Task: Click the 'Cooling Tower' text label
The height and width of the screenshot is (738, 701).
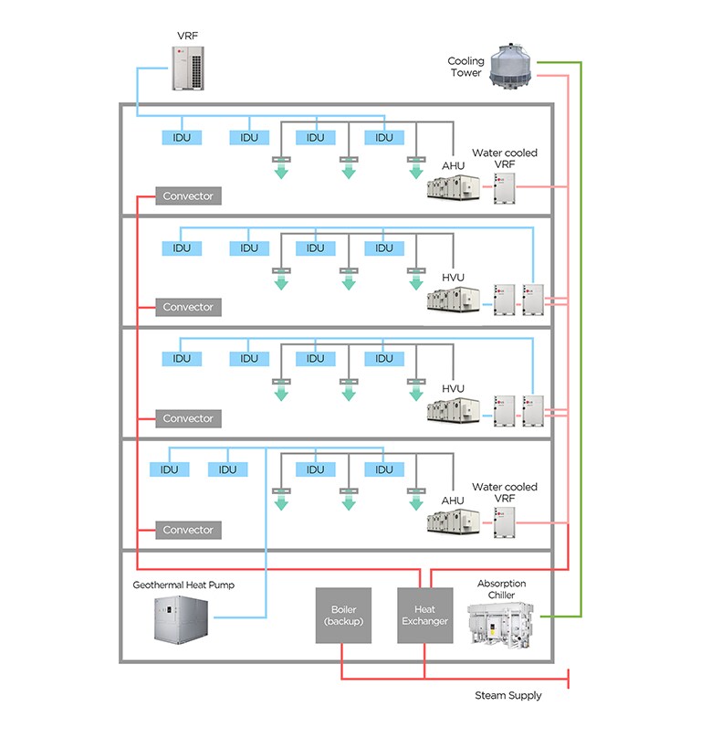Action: coord(466,67)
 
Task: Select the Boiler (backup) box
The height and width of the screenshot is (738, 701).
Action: coord(343,615)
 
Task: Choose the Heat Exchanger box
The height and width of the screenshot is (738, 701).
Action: coord(424,615)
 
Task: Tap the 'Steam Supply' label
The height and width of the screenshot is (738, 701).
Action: coord(507,695)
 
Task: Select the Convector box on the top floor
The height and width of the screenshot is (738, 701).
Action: coord(188,195)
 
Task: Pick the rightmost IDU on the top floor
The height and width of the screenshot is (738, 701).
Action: coord(383,137)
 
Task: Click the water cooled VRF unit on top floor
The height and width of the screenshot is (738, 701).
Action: coord(504,187)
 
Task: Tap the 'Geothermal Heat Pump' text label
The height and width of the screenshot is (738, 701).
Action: coord(183,585)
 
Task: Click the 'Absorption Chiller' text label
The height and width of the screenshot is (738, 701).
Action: coord(501,589)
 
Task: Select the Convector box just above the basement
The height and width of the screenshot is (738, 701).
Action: coord(188,530)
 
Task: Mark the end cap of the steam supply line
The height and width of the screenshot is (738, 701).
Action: coord(569,680)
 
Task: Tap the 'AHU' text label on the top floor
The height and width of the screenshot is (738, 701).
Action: coord(453,165)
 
